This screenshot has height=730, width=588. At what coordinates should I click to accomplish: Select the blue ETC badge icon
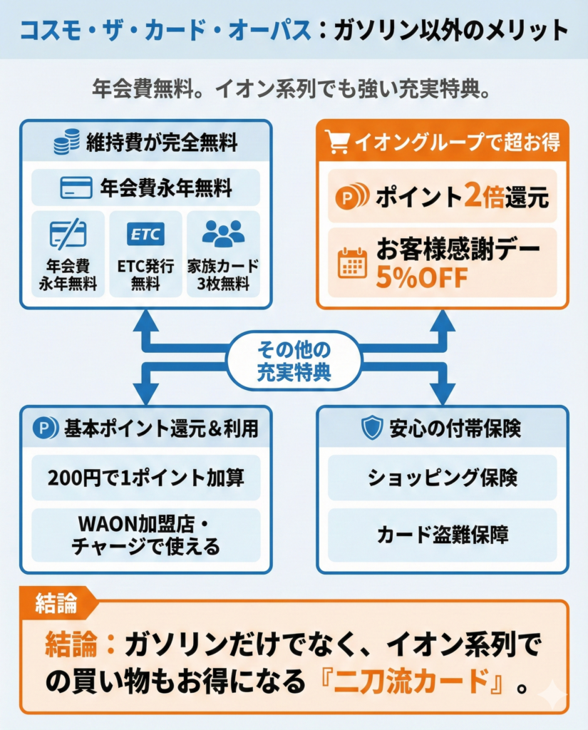tap(145, 233)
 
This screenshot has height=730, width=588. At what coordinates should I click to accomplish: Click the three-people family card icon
tap(222, 233)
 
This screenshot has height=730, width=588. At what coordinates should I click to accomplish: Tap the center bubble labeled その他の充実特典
tap(294, 360)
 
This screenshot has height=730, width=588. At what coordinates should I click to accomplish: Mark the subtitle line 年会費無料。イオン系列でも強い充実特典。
tap(294, 91)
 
